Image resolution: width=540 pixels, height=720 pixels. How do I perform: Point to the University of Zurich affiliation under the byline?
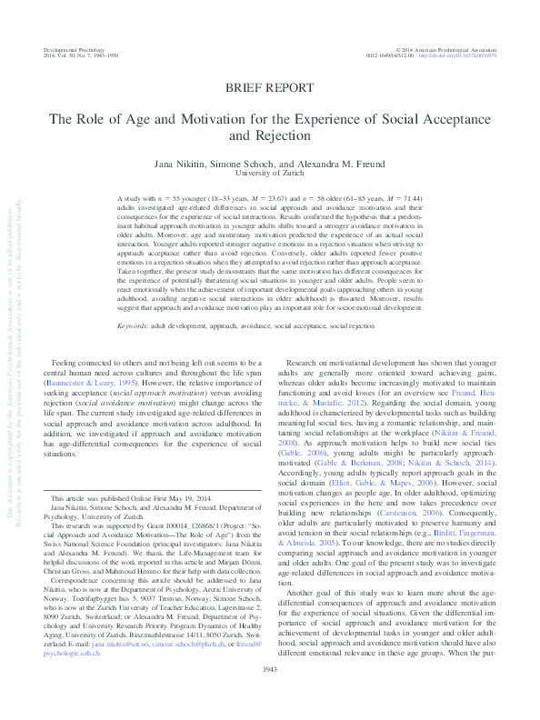tap(270, 172)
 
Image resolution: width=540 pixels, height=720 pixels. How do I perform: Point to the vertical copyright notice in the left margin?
tap(10, 364)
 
